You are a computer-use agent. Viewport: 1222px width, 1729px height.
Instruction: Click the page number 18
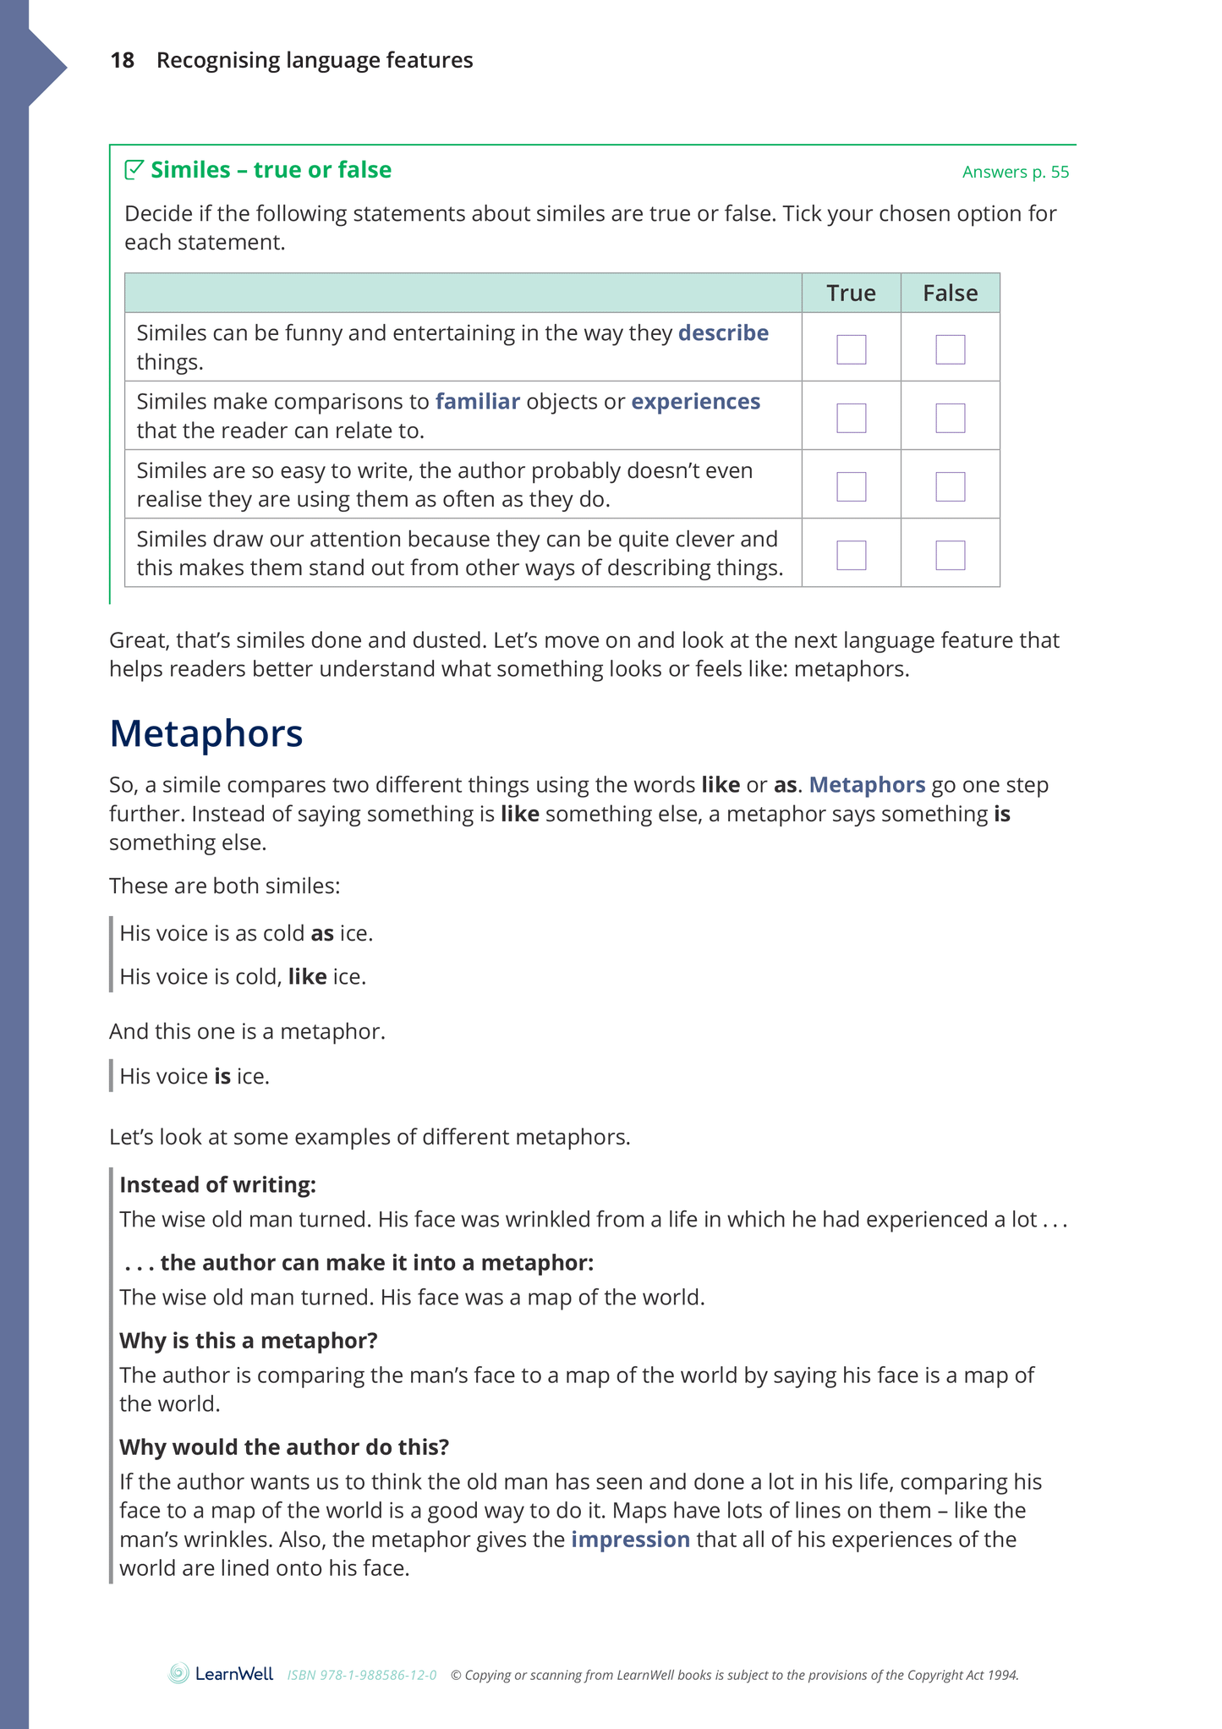click(122, 60)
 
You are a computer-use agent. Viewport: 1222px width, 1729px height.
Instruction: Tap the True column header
click(851, 293)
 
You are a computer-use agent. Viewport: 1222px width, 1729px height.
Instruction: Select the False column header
click(950, 293)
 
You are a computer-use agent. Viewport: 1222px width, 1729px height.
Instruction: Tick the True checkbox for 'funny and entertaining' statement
click(851, 349)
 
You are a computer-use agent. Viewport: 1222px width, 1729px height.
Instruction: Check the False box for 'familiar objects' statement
click(950, 418)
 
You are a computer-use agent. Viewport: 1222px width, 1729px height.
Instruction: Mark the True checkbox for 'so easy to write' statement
click(851, 486)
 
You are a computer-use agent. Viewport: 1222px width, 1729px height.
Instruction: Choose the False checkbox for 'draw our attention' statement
click(950, 555)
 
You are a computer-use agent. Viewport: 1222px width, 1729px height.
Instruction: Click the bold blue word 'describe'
click(723, 333)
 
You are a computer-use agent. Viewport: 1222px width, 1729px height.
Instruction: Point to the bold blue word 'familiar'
click(477, 402)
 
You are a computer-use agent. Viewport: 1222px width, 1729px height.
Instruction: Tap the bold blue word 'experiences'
click(695, 402)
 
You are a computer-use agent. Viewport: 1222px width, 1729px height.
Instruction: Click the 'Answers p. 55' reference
click(1015, 172)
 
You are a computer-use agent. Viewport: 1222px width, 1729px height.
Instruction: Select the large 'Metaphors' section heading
click(205, 733)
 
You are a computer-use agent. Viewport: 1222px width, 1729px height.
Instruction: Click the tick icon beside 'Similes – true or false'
click(134, 170)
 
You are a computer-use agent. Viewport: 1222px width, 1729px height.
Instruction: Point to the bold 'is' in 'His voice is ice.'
click(222, 1076)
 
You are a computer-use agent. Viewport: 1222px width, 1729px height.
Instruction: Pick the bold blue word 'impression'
click(630, 1540)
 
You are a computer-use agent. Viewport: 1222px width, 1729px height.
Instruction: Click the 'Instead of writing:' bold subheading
click(217, 1184)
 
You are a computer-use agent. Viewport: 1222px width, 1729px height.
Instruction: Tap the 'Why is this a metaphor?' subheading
click(248, 1340)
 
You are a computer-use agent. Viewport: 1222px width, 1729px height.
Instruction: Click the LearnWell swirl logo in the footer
click(178, 1673)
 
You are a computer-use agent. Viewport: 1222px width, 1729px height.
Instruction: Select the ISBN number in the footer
click(362, 1675)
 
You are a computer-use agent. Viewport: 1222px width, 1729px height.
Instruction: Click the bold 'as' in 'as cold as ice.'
click(322, 933)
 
